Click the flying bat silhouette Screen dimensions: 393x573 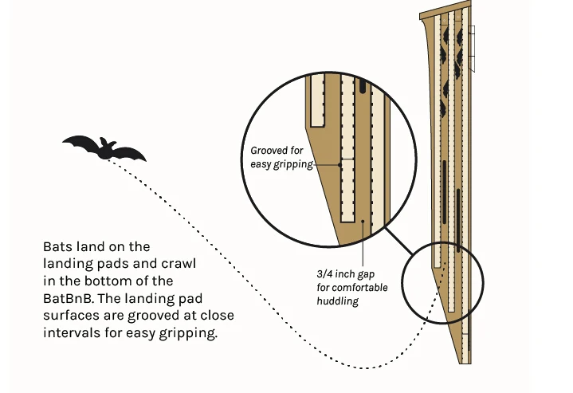[x=104, y=147]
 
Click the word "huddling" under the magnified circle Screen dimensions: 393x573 [x=338, y=301]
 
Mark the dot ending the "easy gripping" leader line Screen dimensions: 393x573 [x=343, y=164]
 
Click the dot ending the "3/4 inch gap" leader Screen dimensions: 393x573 [x=363, y=222]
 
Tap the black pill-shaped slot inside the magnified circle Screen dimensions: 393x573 [x=363, y=84]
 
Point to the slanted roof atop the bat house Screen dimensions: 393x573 [x=445, y=12]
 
